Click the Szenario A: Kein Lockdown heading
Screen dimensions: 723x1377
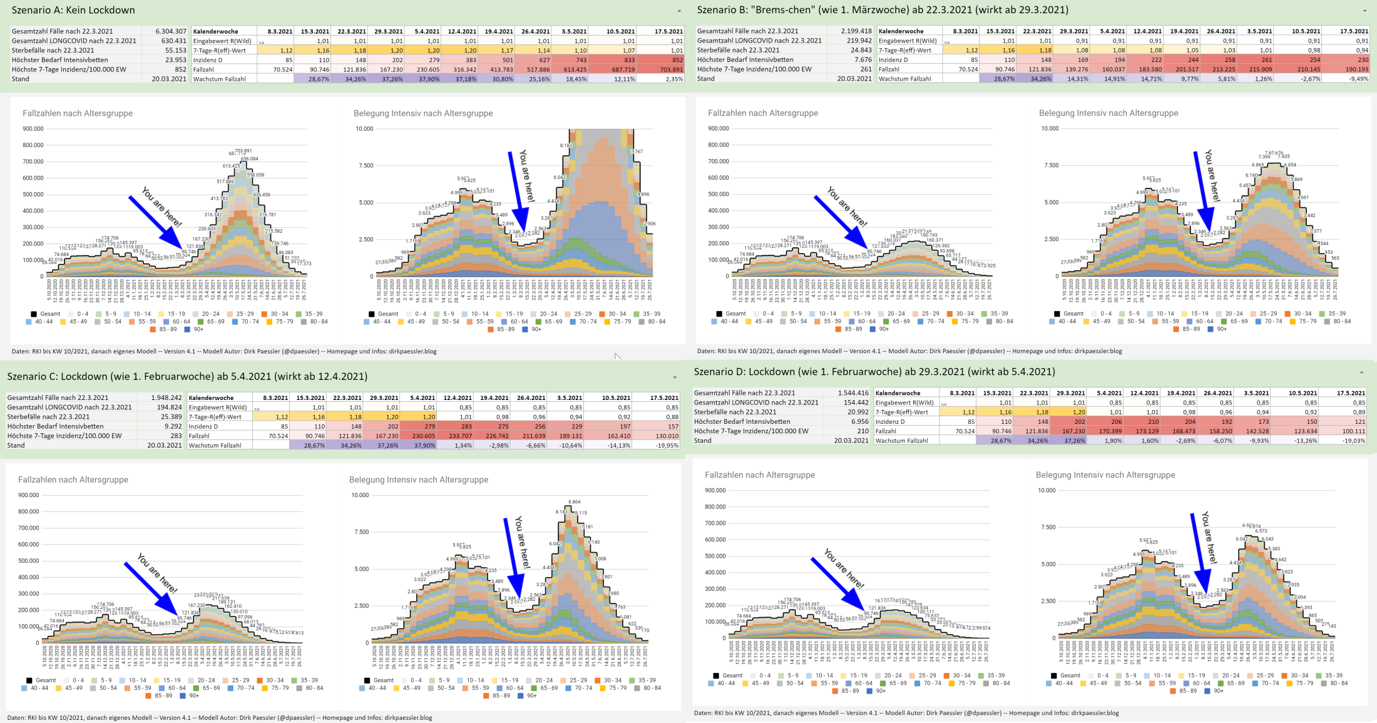tap(73, 10)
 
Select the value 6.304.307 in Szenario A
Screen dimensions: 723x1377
tap(171, 31)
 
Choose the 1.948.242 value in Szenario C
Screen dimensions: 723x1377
tap(166, 397)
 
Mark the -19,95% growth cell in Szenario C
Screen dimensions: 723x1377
tap(667, 446)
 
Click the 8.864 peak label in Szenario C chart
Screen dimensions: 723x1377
tap(574, 502)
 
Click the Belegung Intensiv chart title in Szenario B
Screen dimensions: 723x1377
tap(1108, 113)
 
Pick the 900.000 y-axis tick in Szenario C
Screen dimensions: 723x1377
tap(29, 495)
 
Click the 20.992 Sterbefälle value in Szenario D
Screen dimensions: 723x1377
tap(857, 412)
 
